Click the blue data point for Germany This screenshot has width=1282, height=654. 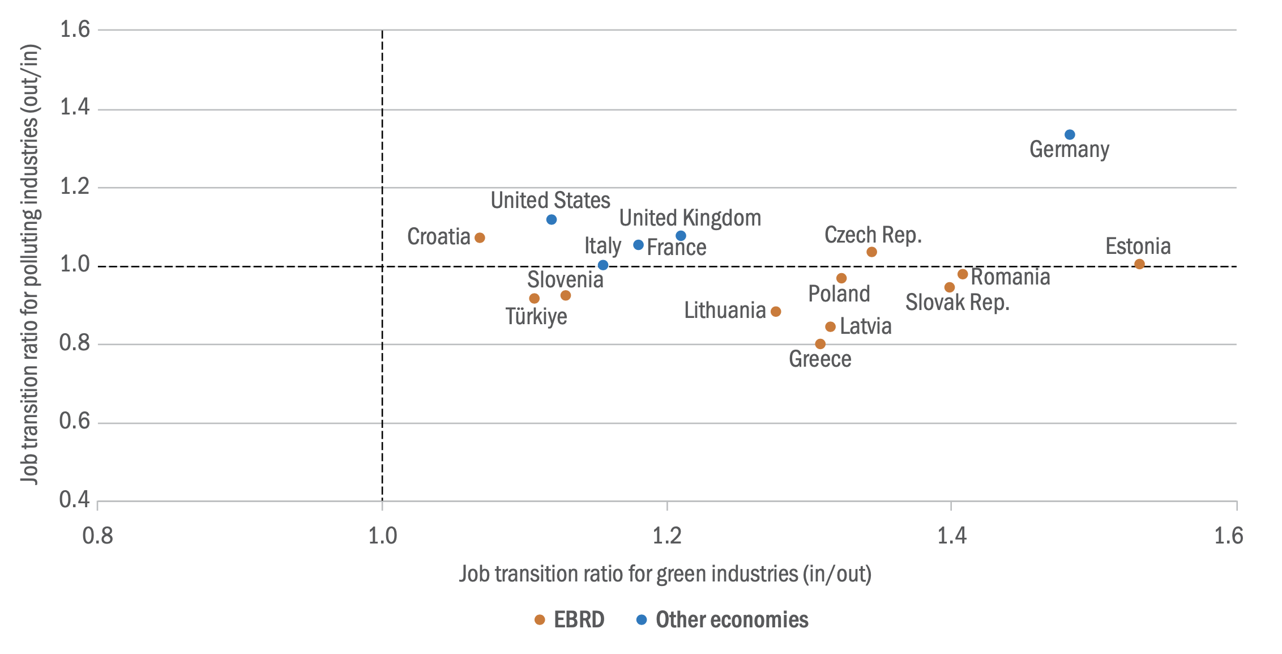(x=1070, y=135)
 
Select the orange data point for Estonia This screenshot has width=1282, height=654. (x=1139, y=264)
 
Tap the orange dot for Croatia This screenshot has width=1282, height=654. (x=480, y=238)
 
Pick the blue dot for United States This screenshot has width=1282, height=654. (x=552, y=220)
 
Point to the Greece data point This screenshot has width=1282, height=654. (x=820, y=344)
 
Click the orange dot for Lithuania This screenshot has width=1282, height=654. (x=776, y=312)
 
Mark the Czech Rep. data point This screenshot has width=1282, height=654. (x=871, y=252)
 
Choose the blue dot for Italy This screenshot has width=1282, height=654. (x=603, y=265)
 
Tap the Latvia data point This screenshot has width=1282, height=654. (x=830, y=327)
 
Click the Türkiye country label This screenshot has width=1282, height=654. (x=536, y=316)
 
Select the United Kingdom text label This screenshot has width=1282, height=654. (x=690, y=218)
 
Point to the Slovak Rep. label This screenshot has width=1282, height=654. (x=958, y=303)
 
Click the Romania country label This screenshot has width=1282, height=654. (x=1011, y=277)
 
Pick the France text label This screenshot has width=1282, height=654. (x=677, y=248)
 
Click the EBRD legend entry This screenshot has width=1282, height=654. (x=570, y=620)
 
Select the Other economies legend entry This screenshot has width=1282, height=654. (x=723, y=620)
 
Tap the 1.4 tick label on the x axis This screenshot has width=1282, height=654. (x=951, y=536)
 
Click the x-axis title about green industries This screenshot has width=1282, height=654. (x=665, y=574)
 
